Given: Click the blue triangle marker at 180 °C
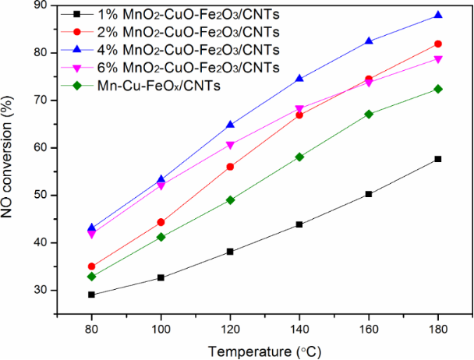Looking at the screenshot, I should pyautogui.click(x=438, y=15).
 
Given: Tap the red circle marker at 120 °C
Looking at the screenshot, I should pyautogui.click(x=230, y=167).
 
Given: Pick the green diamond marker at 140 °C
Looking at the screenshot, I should pyautogui.click(x=299, y=157).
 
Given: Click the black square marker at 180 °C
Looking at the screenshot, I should pyautogui.click(x=438, y=159).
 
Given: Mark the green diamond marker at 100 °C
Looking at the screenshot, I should pyautogui.click(x=161, y=236).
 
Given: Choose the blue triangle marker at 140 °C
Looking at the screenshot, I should pyautogui.click(x=299, y=78).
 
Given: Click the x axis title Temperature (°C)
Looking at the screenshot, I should pyautogui.click(x=265, y=349).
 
